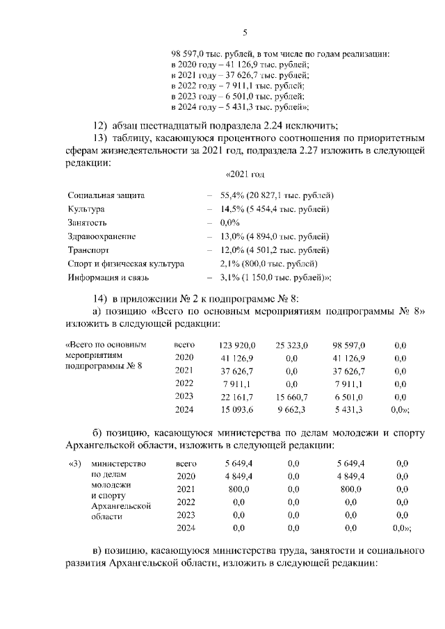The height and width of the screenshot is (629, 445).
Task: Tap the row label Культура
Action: [86, 210]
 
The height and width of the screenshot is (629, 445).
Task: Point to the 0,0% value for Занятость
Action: [229, 223]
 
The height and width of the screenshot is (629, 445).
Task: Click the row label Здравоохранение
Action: [102, 237]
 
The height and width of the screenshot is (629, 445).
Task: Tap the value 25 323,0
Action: [291, 345]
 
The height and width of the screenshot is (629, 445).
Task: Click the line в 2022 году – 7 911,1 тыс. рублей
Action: [240, 86]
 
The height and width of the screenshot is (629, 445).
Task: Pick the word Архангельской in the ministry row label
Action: [121, 507]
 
